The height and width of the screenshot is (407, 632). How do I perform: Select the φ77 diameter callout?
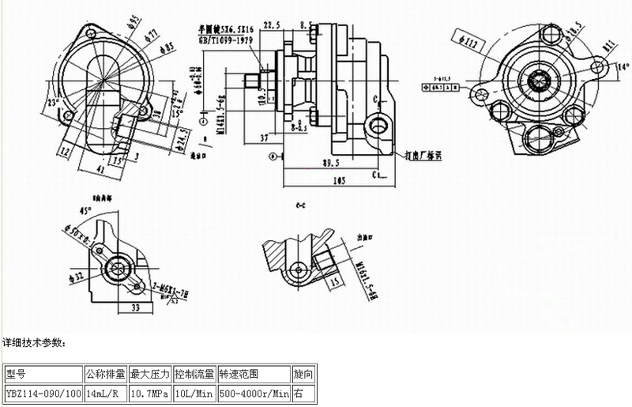(151, 33)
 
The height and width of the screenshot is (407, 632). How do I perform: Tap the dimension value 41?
(100, 168)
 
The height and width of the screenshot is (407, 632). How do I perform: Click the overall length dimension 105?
(340, 180)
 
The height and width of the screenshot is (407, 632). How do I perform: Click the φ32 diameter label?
(77, 277)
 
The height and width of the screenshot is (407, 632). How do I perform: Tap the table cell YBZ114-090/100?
(43, 391)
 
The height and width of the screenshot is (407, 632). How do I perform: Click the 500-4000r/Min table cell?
(253, 391)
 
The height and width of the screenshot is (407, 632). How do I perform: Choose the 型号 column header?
(16, 373)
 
